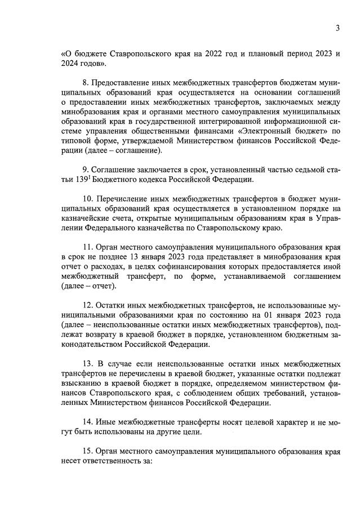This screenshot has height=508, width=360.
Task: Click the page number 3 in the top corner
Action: (x=337, y=28)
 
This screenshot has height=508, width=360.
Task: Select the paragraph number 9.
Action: (x=86, y=170)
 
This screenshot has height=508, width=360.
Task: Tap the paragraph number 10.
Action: (x=88, y=199)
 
